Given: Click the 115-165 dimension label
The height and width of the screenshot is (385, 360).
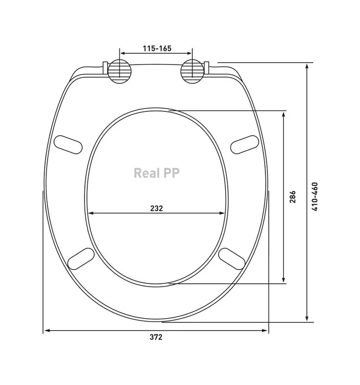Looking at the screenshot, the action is (157, 49).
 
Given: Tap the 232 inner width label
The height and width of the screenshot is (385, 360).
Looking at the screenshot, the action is (157, 208).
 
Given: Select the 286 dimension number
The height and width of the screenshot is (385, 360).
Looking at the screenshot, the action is (293, 197).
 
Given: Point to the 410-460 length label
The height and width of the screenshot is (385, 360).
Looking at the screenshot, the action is (315, 196).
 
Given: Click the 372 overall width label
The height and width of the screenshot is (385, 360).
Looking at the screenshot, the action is (156, 337).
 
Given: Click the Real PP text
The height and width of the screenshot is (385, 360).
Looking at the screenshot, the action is (157, 173).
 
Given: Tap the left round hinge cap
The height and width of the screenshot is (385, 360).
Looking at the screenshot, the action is (120, 71).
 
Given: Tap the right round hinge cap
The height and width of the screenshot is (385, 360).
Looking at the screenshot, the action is (192, 71).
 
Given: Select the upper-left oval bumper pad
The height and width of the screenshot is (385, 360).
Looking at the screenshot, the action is (68, 145).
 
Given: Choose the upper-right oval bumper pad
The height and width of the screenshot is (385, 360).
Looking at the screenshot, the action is (245, 145).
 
